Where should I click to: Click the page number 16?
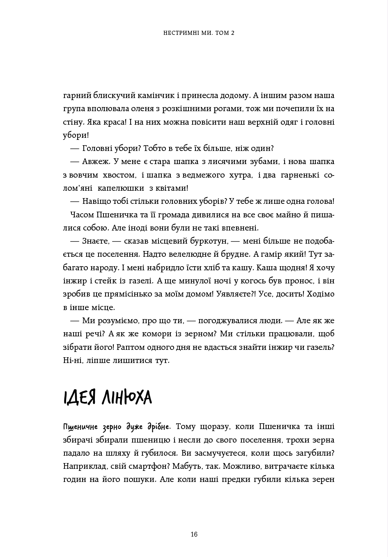point(194,534)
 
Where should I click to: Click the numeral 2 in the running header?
point(232,33)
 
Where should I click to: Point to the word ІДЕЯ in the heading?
point(80,397)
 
